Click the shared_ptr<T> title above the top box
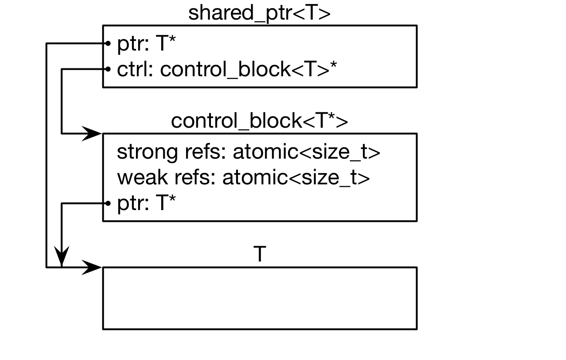click(x=259, y=13)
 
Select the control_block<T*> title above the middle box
click(x=259, y=121)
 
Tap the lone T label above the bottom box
click(x=259, y=254)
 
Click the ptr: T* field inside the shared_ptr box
click(x=146, y=44)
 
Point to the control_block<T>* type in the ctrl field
click(x=249, y=69)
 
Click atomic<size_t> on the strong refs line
click(x=307, y=153)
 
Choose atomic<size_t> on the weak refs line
click(x=296, y=178)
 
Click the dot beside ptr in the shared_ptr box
click(x=106, y=43)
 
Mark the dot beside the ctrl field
click(x=106, y=69)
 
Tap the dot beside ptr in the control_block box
click(x=106, y=203)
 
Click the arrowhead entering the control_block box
click(x=92, y=133)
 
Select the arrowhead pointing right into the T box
click(x=92, y=267)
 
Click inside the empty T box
click(x=259, y=298)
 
